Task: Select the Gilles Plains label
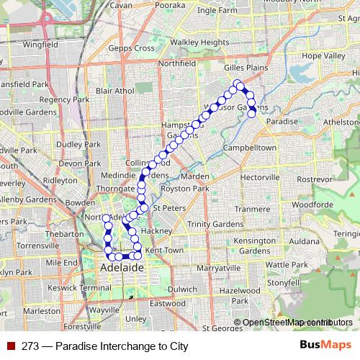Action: coord(246,67)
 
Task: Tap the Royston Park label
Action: coord(184,189)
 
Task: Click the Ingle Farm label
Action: coord(216,11)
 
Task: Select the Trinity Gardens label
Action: coord(215,224)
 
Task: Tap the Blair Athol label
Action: coord(115,91)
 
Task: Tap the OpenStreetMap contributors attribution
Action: coord(297,323)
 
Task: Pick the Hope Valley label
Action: coord(323,55)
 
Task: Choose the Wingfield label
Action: coord(40,45)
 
